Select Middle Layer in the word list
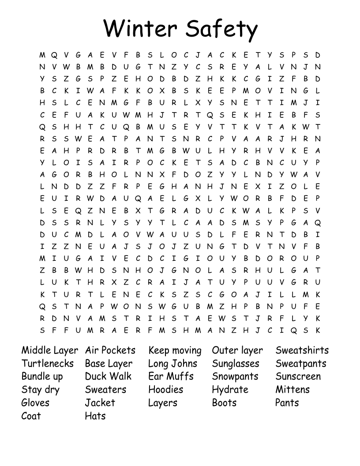pyautogui.click(x=49, y=350)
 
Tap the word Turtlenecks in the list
pyautogui.click(x=48, y=364)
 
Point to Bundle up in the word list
pyautogui.click(x=42, y=377)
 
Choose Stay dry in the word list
pyautogui.click(x=40, y=390)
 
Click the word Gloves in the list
pyautogui.click(x=35, y=403)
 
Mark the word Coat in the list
pyautogui.click(x=31, y=416)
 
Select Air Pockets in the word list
pyautogui.click(x=110, y=350)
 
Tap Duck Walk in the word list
pyautogui.click(x=108, y=376)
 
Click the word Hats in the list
pyautogui.click(x=95, y=416)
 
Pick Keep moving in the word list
pyautogui.click(x=175, y=351)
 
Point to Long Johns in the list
pyautogui.click(x=172, y=364)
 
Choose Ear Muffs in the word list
pyautogui.click(x=171, y=376)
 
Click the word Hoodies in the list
pyautogui.click(x=165, y=390)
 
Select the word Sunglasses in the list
pyautogui.click(x=236, y=364)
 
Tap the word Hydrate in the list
pyautogui.click(x=230, y=390)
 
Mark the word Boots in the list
pyautogui.click(x=224, y=403)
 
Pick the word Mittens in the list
pyautogui.click(x=292, y=390)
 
